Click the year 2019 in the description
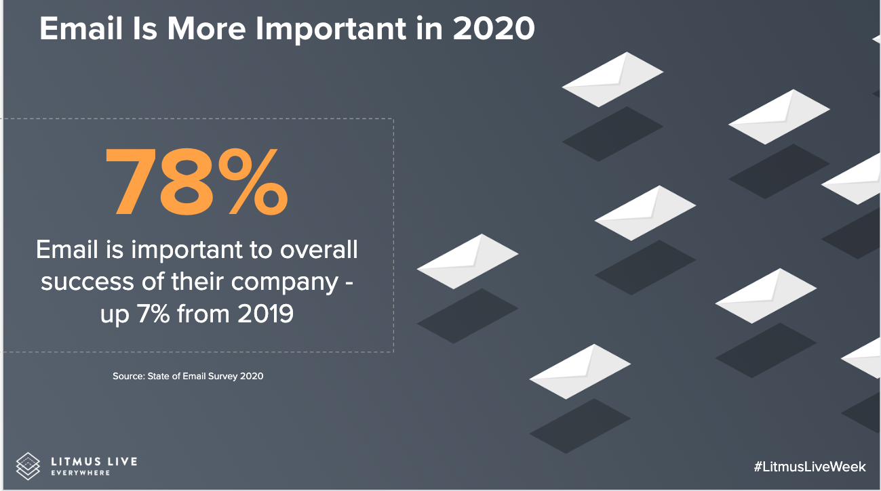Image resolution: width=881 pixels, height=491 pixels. point(265,314)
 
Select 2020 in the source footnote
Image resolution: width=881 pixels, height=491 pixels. point(251,376)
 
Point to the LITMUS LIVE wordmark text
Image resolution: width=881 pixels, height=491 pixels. point(94,461)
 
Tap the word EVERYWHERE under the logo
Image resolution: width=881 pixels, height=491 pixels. point(81,473)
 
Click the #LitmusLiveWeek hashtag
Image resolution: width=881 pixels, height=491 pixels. point(809,467)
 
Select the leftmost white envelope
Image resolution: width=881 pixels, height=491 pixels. point(467,261)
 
